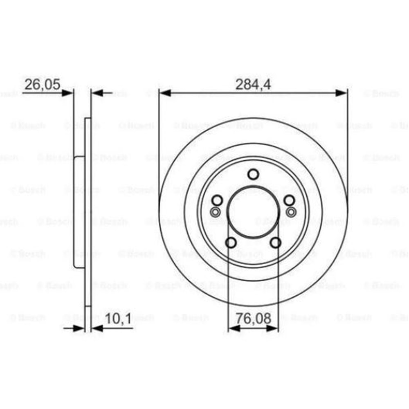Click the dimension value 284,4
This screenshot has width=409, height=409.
[254, 85]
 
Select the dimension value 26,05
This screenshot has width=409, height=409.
[43, 85]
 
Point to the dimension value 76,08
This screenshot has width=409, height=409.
[253, 318]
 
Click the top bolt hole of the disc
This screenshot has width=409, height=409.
[253, 175]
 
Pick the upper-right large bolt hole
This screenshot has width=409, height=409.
[289, 200]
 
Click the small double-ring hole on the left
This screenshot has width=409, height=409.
[215, 211]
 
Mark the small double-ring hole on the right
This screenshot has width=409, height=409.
[291, 211]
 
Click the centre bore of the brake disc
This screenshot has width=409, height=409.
[253, 213]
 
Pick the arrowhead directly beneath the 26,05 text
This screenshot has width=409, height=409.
[67, 93]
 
